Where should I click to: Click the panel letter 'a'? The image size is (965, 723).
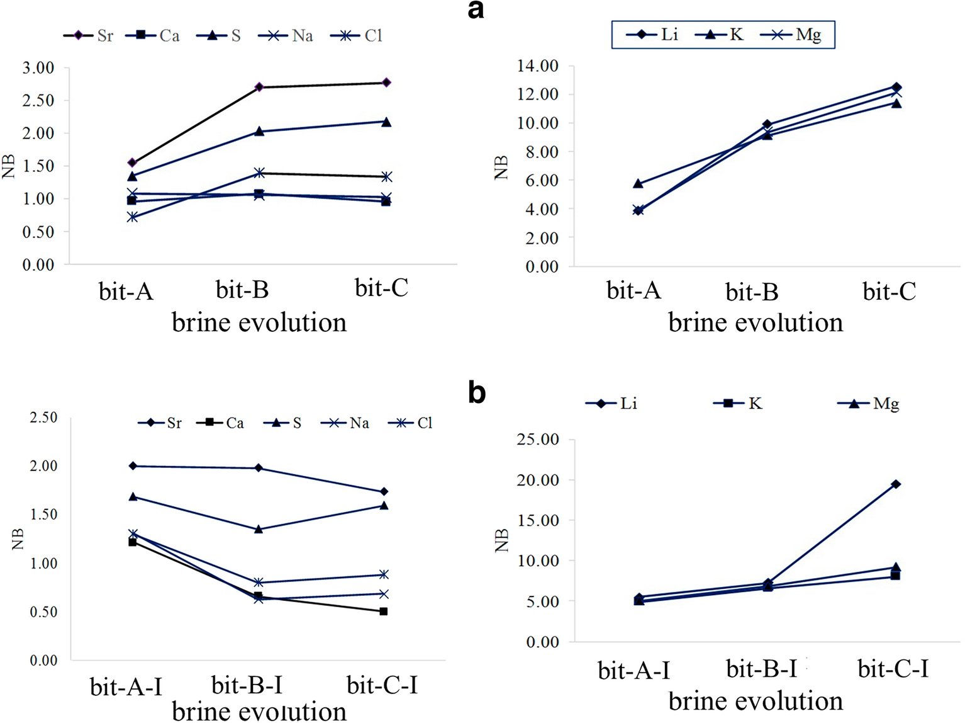pyautogui.click(x=476, y=11)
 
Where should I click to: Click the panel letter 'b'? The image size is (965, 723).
pyautogui.click(x=477, y=392)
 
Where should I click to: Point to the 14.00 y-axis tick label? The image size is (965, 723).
pyautogui.click(x=538, y=66)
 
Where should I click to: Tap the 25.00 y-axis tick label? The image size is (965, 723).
pyautogui.click(x=538, y=440)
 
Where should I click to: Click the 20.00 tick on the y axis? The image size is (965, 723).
pyautogui.click(x=538, y=481)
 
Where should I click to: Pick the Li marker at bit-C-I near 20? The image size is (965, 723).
pyautogui.click(x=895, y=484)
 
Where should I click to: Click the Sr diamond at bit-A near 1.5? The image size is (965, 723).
pyautogui.click(x=132, y=163)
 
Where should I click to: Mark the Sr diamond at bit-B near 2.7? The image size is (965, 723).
pyautogui.click(x=259, y=87)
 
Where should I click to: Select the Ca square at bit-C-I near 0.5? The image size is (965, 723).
pyautogui.click(x=384, y=612)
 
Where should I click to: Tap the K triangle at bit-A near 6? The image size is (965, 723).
pyautogui.click(x=638, y=184)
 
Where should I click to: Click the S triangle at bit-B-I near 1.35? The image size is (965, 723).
pyautogui.click(x=259, y=530)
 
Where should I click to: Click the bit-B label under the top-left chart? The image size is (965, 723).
pyautogui.click(x=242, y=290)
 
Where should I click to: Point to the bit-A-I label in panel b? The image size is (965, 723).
pyautogui.click(x=634, y=671)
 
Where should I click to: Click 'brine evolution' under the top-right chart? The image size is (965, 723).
pyautogui.click(x=756, y=322)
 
